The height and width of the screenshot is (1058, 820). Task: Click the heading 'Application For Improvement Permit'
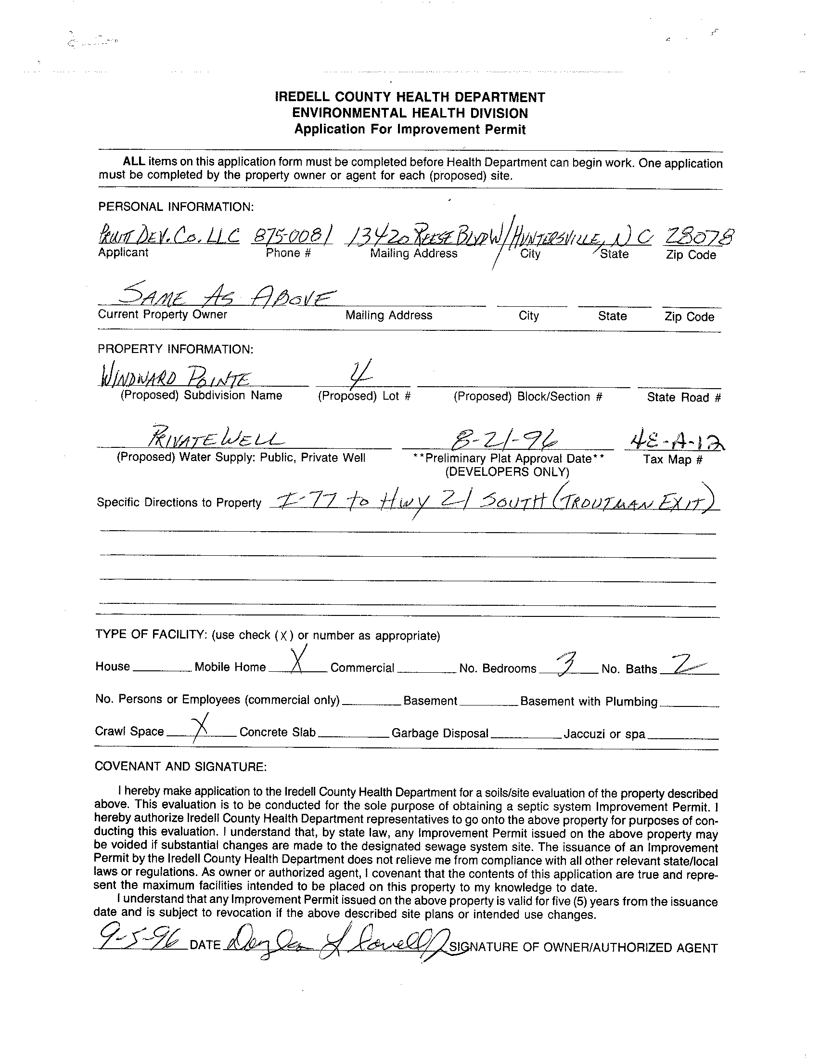point(410,130)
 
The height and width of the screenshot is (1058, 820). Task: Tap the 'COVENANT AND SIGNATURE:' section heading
point(180,766)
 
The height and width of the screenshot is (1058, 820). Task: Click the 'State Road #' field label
point(684,397)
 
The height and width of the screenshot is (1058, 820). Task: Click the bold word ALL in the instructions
point(134,161)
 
